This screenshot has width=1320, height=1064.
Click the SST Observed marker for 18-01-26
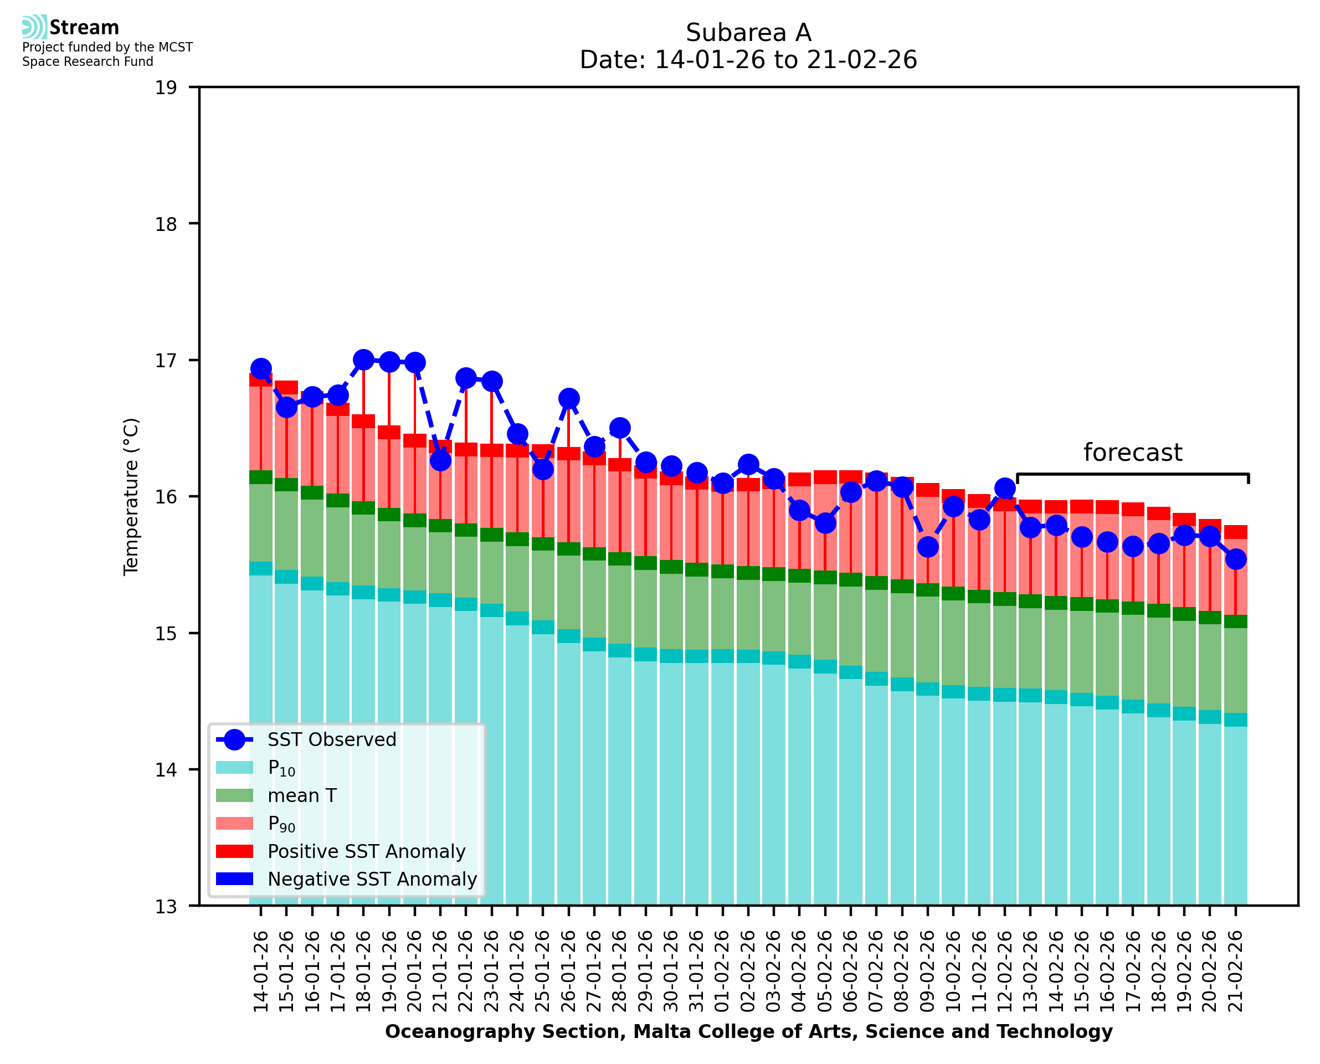click(363, 360)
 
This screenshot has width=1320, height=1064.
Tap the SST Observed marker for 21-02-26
click(1235, 559)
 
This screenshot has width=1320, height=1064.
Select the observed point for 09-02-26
click(928, 546)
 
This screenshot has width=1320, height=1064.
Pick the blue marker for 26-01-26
click(569, 398)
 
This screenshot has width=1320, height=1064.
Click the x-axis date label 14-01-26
click(261, 972)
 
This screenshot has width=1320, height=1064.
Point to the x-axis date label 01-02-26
click(722, 972)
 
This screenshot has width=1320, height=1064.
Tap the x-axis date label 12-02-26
click(1004, 972)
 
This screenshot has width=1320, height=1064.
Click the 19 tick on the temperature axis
click(166, 88)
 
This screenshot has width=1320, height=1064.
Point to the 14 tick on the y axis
click(166, 770)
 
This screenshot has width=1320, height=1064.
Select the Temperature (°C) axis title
click(131, 496)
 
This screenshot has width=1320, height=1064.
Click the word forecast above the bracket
click(1132, 453)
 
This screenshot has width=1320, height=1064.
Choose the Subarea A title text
click(748, 33)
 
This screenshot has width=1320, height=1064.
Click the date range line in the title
click(748, 60)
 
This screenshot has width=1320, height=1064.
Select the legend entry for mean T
click(302, 795)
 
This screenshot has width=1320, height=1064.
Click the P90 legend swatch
click(235, 823)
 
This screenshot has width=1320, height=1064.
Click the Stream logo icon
click(34, 27)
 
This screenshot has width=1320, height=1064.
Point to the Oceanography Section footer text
click(748, 1031)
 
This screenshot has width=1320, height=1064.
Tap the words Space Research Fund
click(88, 62)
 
